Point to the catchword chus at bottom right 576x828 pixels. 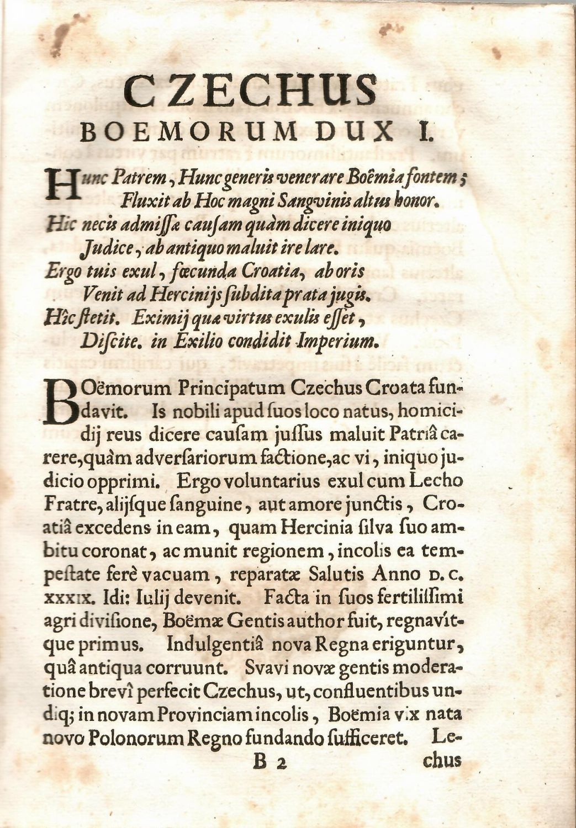(x=441, y=761)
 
